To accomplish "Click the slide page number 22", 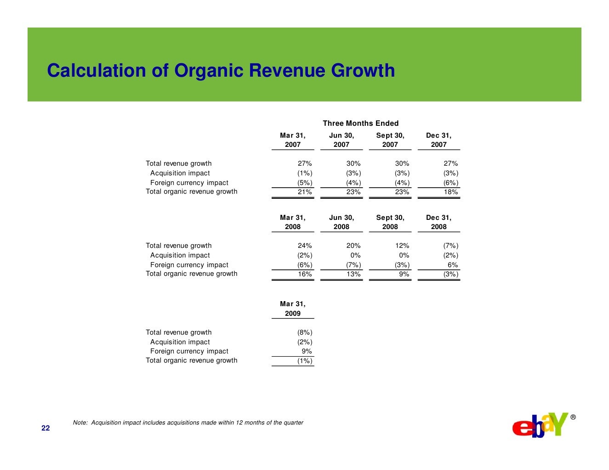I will [x=46, y=428].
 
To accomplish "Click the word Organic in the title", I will [x=209, y=71].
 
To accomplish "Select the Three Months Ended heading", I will [x=360, y=123].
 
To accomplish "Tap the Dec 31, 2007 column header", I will [x=438, y=140].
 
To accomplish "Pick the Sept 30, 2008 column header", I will [x=390, y=222].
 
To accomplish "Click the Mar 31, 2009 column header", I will [x=292, y=308].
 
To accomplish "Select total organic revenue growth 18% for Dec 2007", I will [x=450, y=192].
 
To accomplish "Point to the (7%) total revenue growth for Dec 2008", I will [x=450, y=246].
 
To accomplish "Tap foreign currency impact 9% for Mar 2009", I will [x=307, y=351].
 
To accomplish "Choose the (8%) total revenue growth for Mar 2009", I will [x=305, y=332].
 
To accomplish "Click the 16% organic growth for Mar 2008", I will [x=305, y=274].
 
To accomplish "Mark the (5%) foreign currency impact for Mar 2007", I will [x=305, y=183].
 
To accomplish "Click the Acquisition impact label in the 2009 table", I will [x=180, y=342].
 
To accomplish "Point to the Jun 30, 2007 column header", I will [x=341, y=140].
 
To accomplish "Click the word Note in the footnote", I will [x=80, y=423].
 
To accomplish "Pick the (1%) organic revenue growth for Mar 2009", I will [x=305, y=361].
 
